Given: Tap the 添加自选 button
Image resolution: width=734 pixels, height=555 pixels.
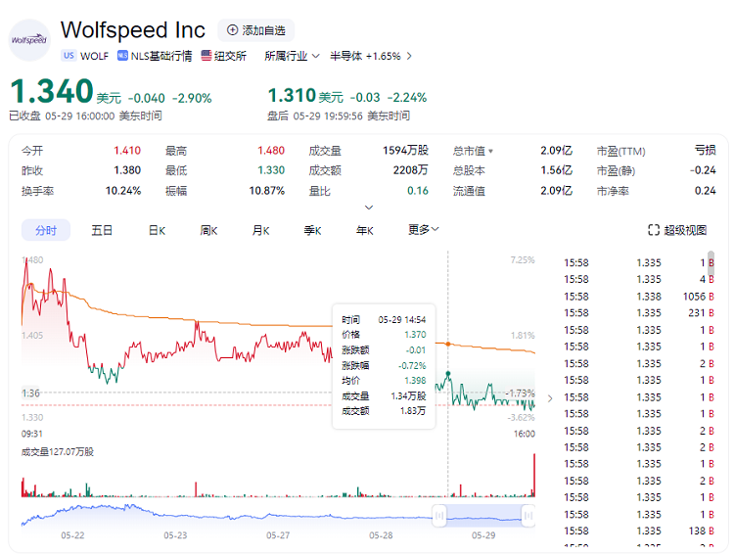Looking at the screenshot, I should pos(255,30).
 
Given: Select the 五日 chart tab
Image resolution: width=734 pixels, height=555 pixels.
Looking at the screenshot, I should pos(102,230).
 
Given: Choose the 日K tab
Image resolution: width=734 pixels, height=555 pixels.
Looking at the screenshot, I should pos(157,230).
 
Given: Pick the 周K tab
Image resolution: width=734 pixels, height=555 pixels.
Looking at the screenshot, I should pos(208,230).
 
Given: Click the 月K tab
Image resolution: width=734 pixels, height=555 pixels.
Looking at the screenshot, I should pos(260,230).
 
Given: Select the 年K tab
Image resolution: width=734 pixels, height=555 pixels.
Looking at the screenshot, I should pos(364,230).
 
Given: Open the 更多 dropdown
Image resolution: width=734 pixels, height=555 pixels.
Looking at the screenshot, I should pos(423,230).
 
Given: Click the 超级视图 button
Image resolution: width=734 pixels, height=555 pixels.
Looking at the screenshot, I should pos(677,230).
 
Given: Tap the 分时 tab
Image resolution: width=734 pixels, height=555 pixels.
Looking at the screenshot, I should pos(46,230).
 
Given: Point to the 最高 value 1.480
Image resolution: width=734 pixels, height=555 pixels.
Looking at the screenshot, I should pos(271,151).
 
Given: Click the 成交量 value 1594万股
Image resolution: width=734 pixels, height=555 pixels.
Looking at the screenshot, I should pos(405,151).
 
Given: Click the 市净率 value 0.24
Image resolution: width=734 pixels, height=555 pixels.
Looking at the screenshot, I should pos(705,190).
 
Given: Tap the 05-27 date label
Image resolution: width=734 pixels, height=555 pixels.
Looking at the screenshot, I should pos(279,535).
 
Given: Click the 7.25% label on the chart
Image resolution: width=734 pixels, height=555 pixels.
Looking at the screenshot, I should pos(522,260).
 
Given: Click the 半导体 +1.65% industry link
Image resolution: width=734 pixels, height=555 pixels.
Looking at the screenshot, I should pos(369,56).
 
